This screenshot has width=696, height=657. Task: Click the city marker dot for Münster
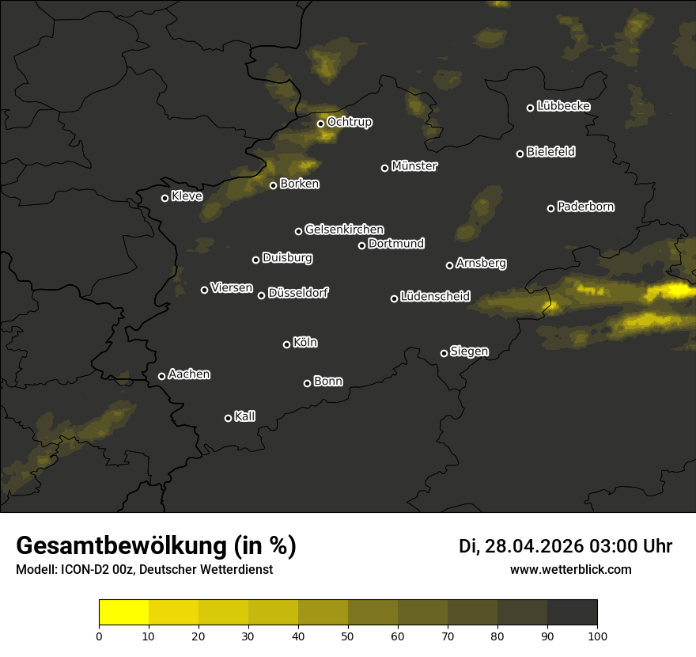tap(385, 168)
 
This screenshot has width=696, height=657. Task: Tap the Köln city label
tap(305, 343)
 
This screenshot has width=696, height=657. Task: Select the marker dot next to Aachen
tap(162, 376)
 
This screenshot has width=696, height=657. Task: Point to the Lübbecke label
tap(563, 106)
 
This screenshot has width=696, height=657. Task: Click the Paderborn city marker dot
tap(551, 208)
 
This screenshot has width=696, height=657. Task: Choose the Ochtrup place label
tap(349, 122)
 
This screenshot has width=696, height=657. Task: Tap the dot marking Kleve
tap(165, 198)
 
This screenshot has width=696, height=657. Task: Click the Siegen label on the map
tap(469, 351)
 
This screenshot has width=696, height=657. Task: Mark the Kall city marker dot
tap(229, 418)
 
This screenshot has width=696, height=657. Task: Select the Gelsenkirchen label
tap(344, 230)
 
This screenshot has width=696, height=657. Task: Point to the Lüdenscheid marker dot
tap(395, 298)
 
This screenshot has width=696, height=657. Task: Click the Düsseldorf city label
tap(298, 293)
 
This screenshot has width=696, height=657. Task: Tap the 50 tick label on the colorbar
tap(348, 636)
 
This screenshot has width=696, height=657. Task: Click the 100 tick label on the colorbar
tap(597, 636)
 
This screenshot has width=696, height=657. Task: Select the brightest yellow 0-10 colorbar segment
tap(124, 613)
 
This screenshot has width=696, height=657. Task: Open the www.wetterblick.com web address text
tap(571, 569)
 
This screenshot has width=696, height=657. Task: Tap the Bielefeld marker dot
tap(520, 154)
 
